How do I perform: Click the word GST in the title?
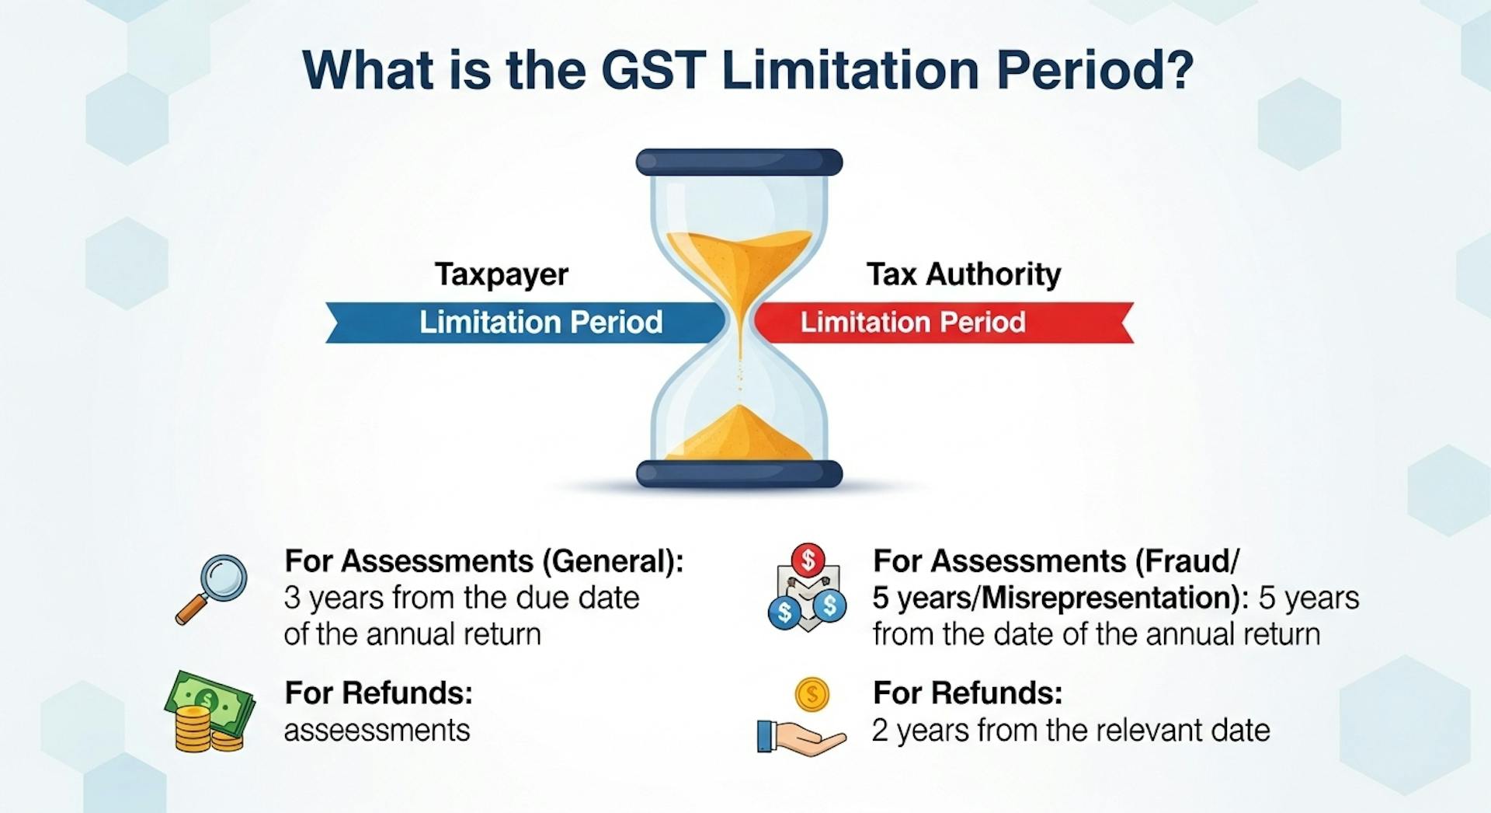[652, 71]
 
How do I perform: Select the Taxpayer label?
[502, 274]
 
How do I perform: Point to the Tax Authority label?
[963, 274]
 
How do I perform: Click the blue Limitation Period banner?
[528, 323]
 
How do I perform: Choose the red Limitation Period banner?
[940, 323]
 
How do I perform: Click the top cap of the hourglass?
[739, 162]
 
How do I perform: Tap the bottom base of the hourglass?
[739, 473]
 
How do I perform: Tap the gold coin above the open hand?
[812, 694]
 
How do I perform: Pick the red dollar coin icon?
[808, 559]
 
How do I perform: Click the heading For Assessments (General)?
[484, 561]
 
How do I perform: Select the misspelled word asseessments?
[377, 731]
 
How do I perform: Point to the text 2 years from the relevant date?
[1070, 731]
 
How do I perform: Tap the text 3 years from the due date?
[461, 598]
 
